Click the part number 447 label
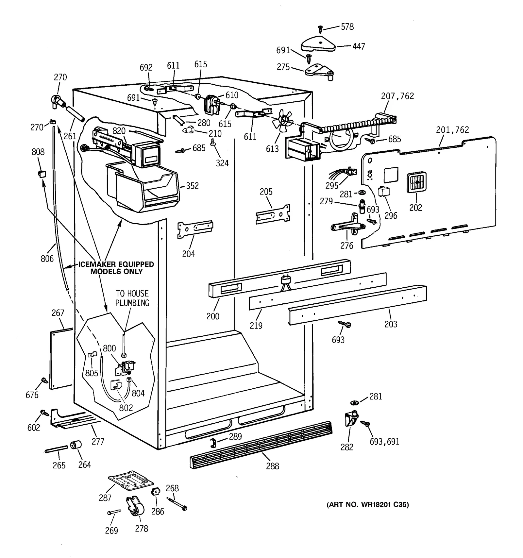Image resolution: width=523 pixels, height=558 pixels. (x=359, y=46)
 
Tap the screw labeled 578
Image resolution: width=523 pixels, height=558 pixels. (x=320, y=29)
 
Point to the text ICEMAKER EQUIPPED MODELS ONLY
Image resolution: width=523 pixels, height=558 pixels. (x=116, y=268)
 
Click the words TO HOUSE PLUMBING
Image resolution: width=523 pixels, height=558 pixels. (x=132, y=298)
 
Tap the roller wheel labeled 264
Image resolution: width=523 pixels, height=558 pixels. (x=76, y=445)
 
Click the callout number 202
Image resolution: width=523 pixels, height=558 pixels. (x=415, y=208)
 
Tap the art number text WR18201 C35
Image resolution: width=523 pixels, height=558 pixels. (x=368, y=504)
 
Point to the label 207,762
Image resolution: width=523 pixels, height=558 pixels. (x=397, y=96)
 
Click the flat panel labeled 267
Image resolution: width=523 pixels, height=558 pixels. (x=61, y=359)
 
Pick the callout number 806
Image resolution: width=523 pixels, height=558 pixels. (x=47, y=259)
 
